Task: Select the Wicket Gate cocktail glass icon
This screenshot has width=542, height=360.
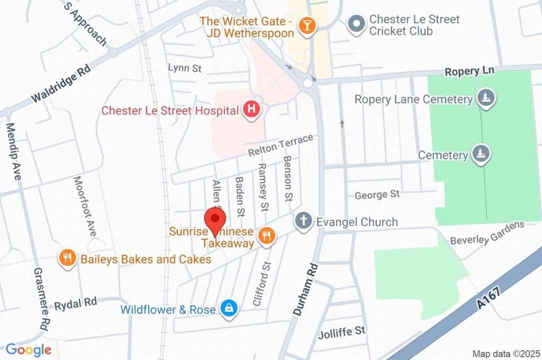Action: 306,25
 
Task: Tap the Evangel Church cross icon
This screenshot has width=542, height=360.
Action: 304,221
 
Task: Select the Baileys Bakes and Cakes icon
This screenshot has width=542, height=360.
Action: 67,259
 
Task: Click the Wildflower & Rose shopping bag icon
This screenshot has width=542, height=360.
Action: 229,309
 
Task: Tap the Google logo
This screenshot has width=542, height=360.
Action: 28,349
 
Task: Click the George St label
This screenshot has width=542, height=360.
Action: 377,195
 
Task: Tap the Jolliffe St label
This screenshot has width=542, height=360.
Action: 341,332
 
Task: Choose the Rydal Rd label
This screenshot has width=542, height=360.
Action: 76,303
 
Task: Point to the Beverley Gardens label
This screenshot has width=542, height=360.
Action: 486,233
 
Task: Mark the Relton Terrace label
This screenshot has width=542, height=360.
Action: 281,146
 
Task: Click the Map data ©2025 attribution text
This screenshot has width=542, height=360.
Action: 505,353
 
